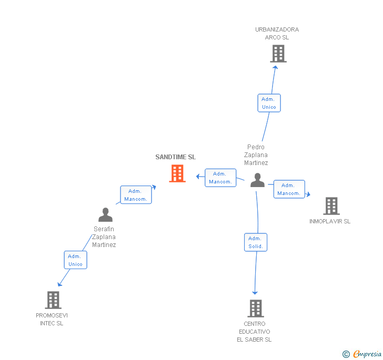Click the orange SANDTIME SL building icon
pos(177,173)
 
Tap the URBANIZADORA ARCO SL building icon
pos(278,54)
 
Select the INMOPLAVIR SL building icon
pos(331,206)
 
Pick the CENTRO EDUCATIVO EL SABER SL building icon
pos(255,308)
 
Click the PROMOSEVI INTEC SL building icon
pos(53,300)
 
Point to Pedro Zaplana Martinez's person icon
pos(257,180)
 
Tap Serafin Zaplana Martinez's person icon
pos(105,215)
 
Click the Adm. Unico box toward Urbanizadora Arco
pos(269,103)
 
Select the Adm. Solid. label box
pos(256,242)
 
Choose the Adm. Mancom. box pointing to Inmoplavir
pos(289,189)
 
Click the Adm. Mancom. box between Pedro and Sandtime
pos(220,178)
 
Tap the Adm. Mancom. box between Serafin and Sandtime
pos(136,195)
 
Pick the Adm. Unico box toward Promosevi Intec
pos(75,260)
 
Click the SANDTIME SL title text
pos(175,157)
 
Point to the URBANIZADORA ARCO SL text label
pos(277,34)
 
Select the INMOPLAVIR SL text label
pos(330,221)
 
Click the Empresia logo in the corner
pos(367,354)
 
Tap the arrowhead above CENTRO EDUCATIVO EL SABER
pos(255,292)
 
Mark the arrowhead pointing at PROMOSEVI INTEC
pos(59,284)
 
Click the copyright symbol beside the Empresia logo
pos(346,354)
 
